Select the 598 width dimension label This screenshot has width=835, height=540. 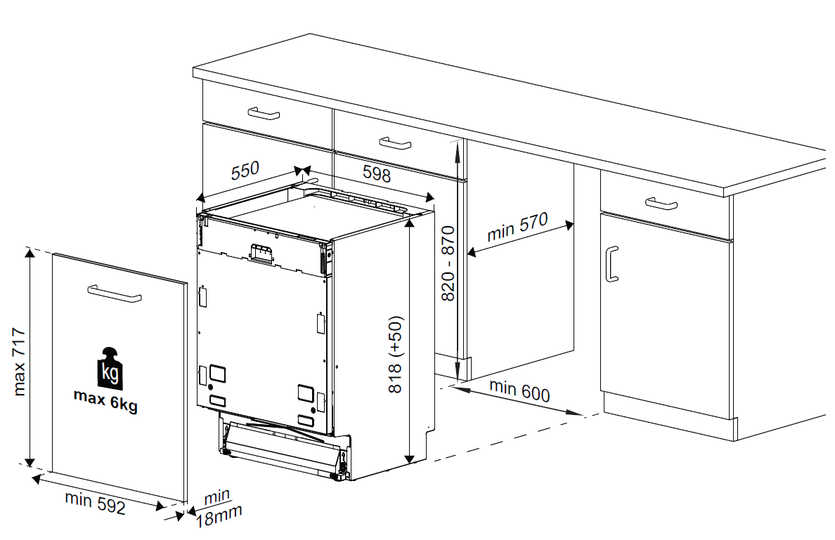(377, 173)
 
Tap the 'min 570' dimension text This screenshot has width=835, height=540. (517, 228)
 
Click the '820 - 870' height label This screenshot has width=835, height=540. (448, 263)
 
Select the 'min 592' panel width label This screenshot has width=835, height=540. (95, 503)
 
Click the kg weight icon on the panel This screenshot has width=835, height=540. (110, 368)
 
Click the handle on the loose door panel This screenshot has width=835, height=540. (114, 294)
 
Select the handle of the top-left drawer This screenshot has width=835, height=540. (264, 113)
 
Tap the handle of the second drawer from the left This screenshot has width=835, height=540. (395, 143)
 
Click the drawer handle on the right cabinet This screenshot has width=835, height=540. (661, 204)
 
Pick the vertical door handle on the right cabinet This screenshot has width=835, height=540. (611, 263)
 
